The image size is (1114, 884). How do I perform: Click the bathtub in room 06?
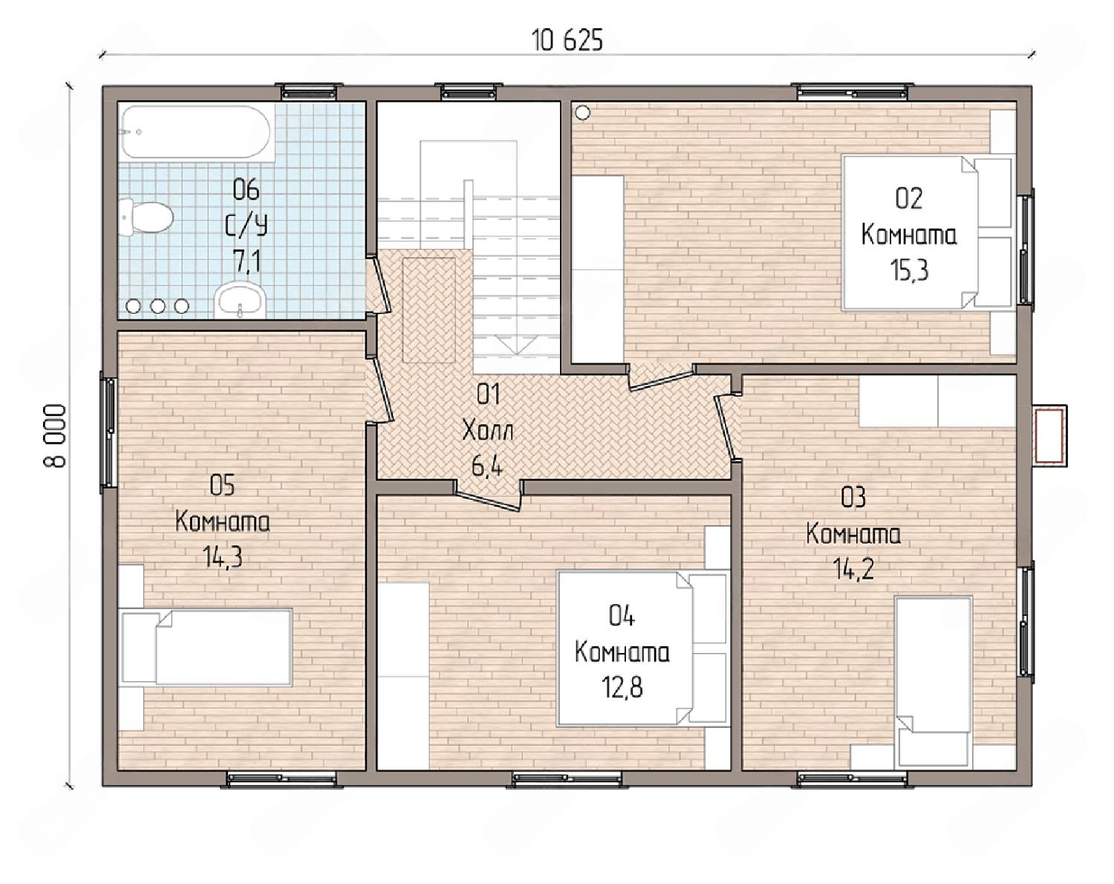(x=195, y=131)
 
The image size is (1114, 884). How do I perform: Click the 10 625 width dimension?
(x=567, y=40)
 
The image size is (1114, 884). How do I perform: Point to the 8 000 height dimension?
(x=55, y=435)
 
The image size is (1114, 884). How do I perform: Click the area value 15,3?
(x=908, y=270)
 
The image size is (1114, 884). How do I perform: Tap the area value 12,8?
(x=622, y=688)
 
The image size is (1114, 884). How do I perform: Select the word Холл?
(x=488, y=431)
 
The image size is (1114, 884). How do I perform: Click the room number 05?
(x=222, y=486)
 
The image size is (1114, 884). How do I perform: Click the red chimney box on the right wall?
(x=1049, y=435)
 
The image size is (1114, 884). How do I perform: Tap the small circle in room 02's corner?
(x=583, y=112)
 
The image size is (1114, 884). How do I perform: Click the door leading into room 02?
(x=660, y=377)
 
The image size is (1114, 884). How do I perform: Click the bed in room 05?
(x=206, y=647)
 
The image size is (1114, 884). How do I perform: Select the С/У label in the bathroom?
(x=247, y=227)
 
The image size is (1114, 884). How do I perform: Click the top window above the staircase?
(x=469, y=92)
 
